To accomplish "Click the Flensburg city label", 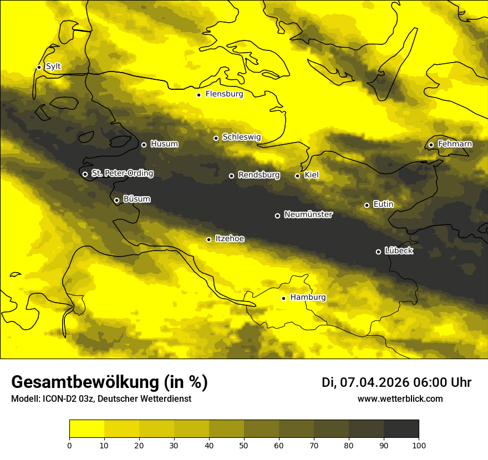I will coord(224,94).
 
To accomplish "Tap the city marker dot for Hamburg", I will coord(283,298).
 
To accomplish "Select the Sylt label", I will coord(53,67).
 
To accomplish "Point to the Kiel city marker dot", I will coord(297,176).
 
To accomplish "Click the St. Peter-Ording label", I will coord(122,173).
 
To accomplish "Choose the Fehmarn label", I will coord(455,144).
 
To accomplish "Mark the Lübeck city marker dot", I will coord(378,252).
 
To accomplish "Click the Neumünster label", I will coord(308,214).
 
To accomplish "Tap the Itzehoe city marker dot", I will coord(209,239).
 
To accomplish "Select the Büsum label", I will coord(136,199).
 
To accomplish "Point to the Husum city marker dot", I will coord(144,145).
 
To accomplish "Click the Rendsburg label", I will coord(258,175).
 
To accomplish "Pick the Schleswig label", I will coord(241,137).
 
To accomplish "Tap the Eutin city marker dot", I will coord(367,205).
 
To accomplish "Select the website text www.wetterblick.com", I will coord(400,399).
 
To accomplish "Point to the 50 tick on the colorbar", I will coord(244,444).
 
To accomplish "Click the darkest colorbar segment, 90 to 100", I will coord(401,428).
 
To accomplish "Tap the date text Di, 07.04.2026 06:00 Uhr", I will coord(396,382).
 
